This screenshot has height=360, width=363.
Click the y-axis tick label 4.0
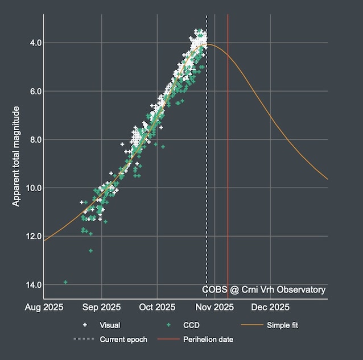(34, 43)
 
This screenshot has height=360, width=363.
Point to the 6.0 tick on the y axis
(34, 91)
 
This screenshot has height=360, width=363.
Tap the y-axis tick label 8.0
(34, 139)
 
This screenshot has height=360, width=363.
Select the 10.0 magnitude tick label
(31, 188)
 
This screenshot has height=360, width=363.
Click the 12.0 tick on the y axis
(31, 236)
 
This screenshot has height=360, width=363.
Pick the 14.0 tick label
(31, 284)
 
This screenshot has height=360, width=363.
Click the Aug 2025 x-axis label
(44, 308)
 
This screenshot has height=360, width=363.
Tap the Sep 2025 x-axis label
(102, 308)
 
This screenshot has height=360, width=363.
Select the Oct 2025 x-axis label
(158, 308)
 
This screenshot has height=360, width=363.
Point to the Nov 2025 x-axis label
(214, 308)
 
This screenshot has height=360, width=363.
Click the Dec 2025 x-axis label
(270, 308)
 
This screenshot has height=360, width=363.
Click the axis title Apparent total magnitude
(16, 156)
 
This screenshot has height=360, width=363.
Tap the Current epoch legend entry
(123, 340)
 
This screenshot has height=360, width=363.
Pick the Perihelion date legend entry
(208, 340)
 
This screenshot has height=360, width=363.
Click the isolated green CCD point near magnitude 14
(65, 282)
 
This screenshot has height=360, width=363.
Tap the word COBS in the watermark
(214, 290)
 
